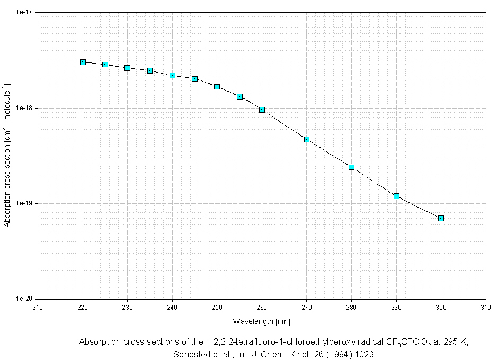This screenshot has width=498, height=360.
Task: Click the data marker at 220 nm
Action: [x=83, y=62]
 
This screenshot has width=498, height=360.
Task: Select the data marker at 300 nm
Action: [x=441, y=218]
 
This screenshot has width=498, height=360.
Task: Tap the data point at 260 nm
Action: [x=262, y=110]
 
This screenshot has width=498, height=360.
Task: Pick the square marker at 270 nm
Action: [x=307, y=139]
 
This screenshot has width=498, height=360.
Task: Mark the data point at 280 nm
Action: [x=351, y=167]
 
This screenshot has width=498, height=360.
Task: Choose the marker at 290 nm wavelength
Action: [x=396, y=196]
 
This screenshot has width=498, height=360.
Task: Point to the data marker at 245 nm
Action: [x=195, y=79]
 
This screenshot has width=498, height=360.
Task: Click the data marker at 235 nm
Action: [x=150, y=70]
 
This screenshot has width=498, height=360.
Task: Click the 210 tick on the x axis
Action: [x=38, y=307]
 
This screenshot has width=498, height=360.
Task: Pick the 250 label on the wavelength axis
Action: [x=217, y=307]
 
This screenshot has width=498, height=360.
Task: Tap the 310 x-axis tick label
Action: [x=486, y=307]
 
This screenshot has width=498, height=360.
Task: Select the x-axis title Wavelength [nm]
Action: [x=262, y=321]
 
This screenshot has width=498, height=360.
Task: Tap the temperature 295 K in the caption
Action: [x=456, y=342]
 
